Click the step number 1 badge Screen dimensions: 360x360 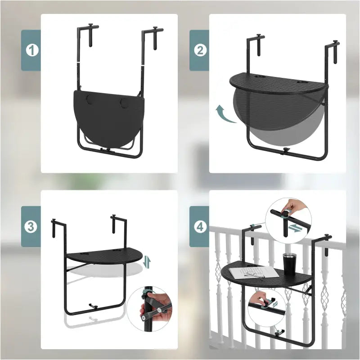(x=31, y=50)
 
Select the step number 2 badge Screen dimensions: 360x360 (x=200, y=50)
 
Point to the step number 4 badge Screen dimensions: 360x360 (x=200, y=226)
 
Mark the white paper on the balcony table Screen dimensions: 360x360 (x=252, y=273)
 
